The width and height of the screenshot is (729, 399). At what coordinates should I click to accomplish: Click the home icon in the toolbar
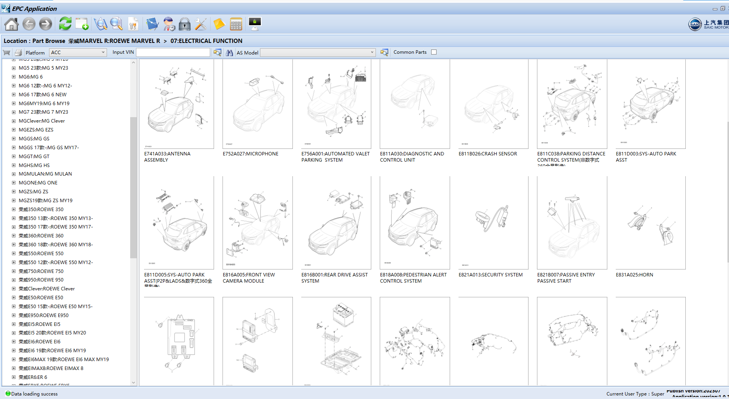point(11,24)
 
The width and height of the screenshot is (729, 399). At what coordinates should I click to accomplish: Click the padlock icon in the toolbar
point(185,24)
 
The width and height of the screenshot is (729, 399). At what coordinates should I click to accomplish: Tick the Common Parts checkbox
point(434,52)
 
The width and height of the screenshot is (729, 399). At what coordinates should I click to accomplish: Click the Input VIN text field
point(173,52)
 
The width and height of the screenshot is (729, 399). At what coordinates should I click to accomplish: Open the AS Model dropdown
point(318,52)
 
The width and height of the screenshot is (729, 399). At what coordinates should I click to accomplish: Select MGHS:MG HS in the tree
point(34,165)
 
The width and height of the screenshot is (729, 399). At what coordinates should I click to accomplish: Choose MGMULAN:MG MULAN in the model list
point(45,174)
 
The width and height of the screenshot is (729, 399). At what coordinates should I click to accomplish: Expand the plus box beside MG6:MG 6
point(14,77)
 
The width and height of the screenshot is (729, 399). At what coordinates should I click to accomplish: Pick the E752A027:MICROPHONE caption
point(250,154)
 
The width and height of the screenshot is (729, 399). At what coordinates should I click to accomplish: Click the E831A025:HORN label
point(634,275)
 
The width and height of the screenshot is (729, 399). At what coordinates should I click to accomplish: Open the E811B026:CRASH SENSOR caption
point(488,154)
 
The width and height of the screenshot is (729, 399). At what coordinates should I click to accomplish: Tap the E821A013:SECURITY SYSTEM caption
point(490,275)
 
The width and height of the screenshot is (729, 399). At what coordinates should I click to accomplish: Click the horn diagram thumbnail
point(650,223)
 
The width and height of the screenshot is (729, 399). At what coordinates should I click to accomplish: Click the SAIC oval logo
point(695,24)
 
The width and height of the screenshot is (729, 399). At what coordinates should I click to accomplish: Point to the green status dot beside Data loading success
point(8,394)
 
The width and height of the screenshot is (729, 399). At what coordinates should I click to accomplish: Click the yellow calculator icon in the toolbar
point(236,24)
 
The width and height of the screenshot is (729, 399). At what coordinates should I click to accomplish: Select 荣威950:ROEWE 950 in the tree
point(41,280)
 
